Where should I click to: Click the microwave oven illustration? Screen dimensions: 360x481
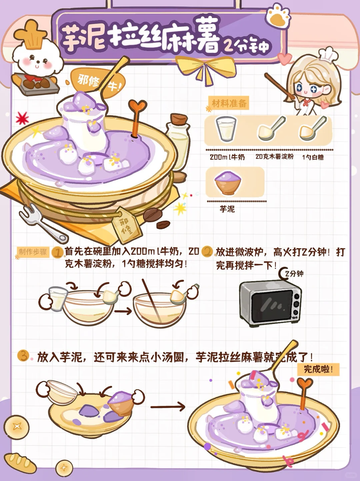(x=270, y=304)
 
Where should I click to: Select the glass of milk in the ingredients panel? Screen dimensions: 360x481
(x=226, y=129)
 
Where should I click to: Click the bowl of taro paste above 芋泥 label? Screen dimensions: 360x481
(x=227, y=183)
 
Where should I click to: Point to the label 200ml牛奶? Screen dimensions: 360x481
(x=227, y=157)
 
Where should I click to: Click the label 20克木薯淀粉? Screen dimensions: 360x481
(x=274, y=157)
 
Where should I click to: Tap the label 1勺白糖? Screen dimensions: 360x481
(x=313, y=157)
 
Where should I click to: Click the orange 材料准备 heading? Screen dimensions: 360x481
(x=229, y=103)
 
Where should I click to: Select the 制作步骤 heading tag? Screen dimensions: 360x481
(x=33, y=252)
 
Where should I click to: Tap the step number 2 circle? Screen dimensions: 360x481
(x=207, y=252)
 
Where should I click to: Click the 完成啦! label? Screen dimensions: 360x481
(x=318, y=370)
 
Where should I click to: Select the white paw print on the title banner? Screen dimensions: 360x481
(x=278, y=16)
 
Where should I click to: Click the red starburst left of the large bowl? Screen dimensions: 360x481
(x=22, y=118)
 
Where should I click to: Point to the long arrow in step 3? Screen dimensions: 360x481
(x=168, y=407)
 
